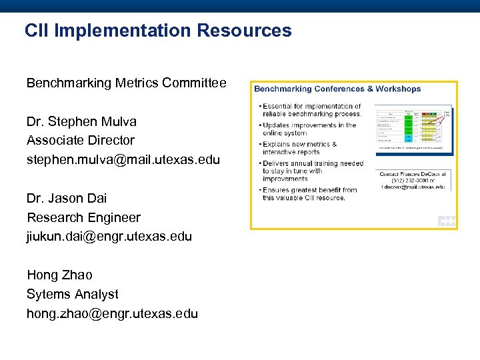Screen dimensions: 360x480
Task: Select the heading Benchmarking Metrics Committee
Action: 126,83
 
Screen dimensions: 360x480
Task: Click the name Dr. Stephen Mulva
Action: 81,121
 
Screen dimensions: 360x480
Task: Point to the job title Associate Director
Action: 80,140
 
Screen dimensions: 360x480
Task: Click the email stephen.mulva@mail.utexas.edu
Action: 123,159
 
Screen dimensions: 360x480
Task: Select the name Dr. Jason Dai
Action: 67,198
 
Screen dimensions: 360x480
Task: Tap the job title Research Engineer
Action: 83,217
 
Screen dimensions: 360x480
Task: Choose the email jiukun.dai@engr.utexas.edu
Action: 109,236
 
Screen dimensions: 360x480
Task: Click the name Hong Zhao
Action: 59,275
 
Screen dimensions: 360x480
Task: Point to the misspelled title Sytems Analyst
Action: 72,294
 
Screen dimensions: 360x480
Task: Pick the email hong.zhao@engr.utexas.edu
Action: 112,313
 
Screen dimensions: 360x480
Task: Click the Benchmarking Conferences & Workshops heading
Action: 337,89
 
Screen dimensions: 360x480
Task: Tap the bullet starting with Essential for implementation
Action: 312,109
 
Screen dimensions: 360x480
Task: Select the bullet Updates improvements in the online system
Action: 309,129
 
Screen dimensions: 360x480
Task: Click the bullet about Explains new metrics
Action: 300,147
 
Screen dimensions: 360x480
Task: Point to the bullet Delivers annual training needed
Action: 312,171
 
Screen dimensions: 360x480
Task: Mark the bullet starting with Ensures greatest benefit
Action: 309,194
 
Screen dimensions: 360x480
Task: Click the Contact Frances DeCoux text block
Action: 413,181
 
